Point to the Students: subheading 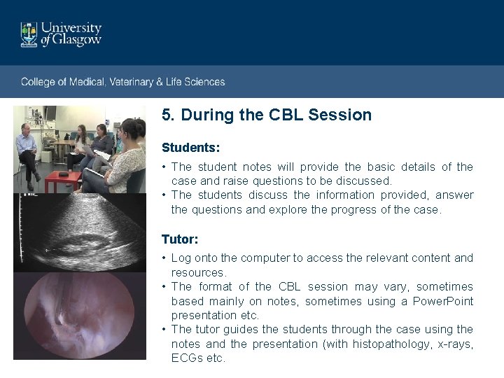pyautogui.click(x=190, y=148)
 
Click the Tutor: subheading pyautogui.click(x=180, y=239)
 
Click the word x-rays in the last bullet pyautogui.click(x=454, y=344)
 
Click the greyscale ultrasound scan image pyautogui.click(x=80, y=232)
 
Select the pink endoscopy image pyautogui.click(x=80, y=315)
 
